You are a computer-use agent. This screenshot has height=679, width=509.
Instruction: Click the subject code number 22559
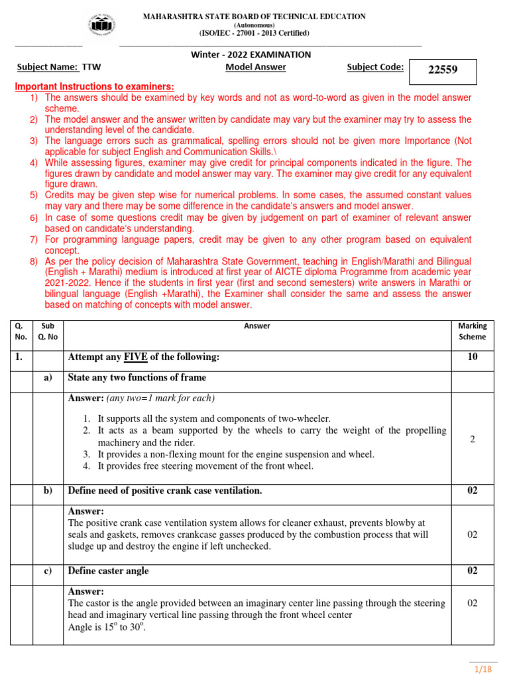[x=443, y=70]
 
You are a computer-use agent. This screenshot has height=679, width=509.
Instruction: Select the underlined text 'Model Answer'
[x=256, y=67]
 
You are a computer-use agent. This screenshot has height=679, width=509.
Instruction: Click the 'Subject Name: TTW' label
[x=59, y=67]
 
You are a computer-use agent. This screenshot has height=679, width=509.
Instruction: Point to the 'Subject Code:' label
[x=375, y=67]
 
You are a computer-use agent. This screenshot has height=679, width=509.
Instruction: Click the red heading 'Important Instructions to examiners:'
[x=95, y=87]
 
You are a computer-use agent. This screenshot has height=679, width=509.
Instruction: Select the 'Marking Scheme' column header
[x=472, y=331]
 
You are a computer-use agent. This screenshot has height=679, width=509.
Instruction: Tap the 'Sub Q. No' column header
[x=48, y=331]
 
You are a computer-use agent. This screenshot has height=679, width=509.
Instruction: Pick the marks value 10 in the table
[x=472, y=357]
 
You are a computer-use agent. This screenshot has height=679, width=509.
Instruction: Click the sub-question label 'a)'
[x=48, y=377]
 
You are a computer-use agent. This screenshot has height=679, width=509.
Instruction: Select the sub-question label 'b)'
[x=48, y=491]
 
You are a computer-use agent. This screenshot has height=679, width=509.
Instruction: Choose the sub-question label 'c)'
[x=48, y=571]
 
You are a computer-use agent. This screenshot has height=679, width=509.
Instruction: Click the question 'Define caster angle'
[x=108, y=571]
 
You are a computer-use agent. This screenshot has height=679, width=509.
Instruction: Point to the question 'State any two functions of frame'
[x=137, y=377]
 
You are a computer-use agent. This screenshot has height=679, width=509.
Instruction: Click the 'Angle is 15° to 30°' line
[x=106, y=627]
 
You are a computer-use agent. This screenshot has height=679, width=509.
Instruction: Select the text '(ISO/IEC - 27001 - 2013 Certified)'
[x=254, y=33]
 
